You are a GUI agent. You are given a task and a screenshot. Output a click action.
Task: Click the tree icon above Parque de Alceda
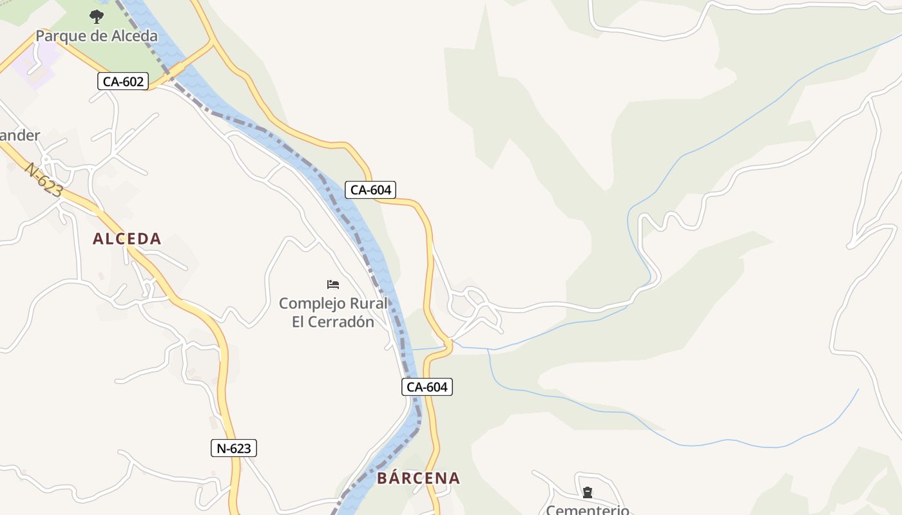coord(97,16)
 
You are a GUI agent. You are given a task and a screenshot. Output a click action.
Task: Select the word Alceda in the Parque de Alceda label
coord(133,36)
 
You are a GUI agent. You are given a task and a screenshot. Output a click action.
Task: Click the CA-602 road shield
coord(123,81)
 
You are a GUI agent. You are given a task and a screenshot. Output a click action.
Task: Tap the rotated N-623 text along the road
coord(44,180)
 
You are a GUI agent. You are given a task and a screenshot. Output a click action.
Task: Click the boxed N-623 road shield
coord(234,448)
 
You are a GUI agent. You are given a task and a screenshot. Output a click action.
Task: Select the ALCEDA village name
coord(127,239)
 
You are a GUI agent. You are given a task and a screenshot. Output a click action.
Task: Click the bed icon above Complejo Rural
coord(333,284)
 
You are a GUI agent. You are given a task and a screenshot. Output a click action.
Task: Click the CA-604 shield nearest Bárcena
coord(427,387)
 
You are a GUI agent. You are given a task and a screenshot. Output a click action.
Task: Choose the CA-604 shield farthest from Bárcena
coord(370,190)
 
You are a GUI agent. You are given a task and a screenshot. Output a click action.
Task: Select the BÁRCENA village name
coord(418,478)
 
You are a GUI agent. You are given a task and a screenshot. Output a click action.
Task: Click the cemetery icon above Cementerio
coord(588,492)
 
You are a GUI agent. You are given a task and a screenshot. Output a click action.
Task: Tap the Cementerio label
coord(588,510)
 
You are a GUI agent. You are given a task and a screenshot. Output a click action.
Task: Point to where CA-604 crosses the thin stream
coord(449,346)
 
